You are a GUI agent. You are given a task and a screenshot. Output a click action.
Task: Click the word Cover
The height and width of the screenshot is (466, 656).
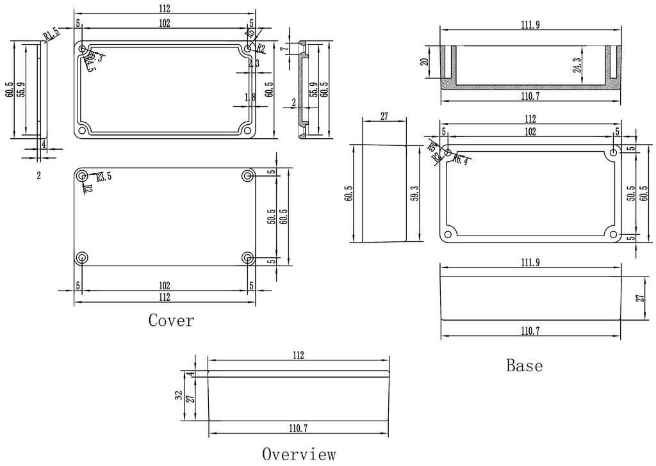coord(170,319)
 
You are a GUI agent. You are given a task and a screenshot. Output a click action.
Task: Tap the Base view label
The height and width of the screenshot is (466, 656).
coord(524,366)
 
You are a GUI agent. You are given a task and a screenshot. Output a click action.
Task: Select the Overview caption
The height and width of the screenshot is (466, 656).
coord(299,454)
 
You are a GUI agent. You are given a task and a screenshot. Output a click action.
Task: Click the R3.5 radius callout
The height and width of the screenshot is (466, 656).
coord(103,176)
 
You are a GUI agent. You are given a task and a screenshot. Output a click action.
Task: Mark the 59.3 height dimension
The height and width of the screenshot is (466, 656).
coord(415,194)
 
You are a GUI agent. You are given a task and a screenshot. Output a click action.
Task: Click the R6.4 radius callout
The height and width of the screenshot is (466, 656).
coord(461,159)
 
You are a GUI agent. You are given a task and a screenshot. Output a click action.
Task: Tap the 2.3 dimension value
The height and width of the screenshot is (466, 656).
coord(253,63)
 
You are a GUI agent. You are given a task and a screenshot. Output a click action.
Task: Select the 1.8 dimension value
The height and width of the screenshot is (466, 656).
coord(250,97)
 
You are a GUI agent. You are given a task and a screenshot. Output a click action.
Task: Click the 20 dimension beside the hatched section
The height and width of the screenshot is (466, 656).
coord(423,61)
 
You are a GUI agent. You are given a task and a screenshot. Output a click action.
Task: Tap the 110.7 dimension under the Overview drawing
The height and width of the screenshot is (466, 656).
coord(299,427)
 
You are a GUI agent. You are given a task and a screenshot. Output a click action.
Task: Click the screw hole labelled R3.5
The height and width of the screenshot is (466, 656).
coord(82,176)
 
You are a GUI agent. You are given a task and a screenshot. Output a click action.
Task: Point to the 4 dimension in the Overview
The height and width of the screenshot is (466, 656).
coord(190,374)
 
